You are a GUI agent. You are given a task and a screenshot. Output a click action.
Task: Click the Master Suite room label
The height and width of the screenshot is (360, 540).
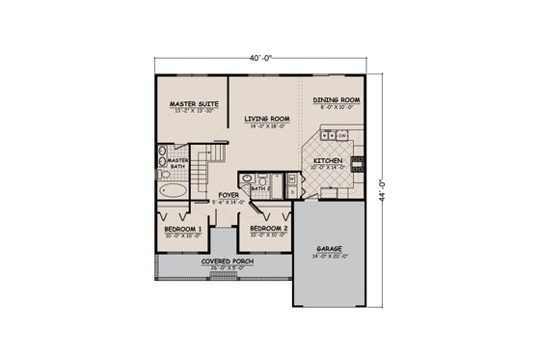pyautogui.click(x=194, y=102)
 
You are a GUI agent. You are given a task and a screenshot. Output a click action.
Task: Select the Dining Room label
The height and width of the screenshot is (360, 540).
pyautogui.click(x=337, y=99)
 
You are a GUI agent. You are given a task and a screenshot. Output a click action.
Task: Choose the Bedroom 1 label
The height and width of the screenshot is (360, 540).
pyautogui.click(x=182, y=228)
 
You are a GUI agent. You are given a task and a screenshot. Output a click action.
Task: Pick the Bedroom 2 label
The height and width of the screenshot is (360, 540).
pyautogui.click(x=264, y=228)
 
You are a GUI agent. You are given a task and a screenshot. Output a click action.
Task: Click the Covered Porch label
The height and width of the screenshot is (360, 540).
pyautogui.click(x=221, y=262)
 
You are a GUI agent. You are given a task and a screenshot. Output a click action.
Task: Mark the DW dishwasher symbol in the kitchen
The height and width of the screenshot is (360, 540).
pyautogui.click(x=342, y=136)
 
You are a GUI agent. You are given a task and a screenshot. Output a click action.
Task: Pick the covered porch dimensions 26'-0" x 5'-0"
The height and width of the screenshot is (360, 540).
pyautogui.click(x=221, y=268)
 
